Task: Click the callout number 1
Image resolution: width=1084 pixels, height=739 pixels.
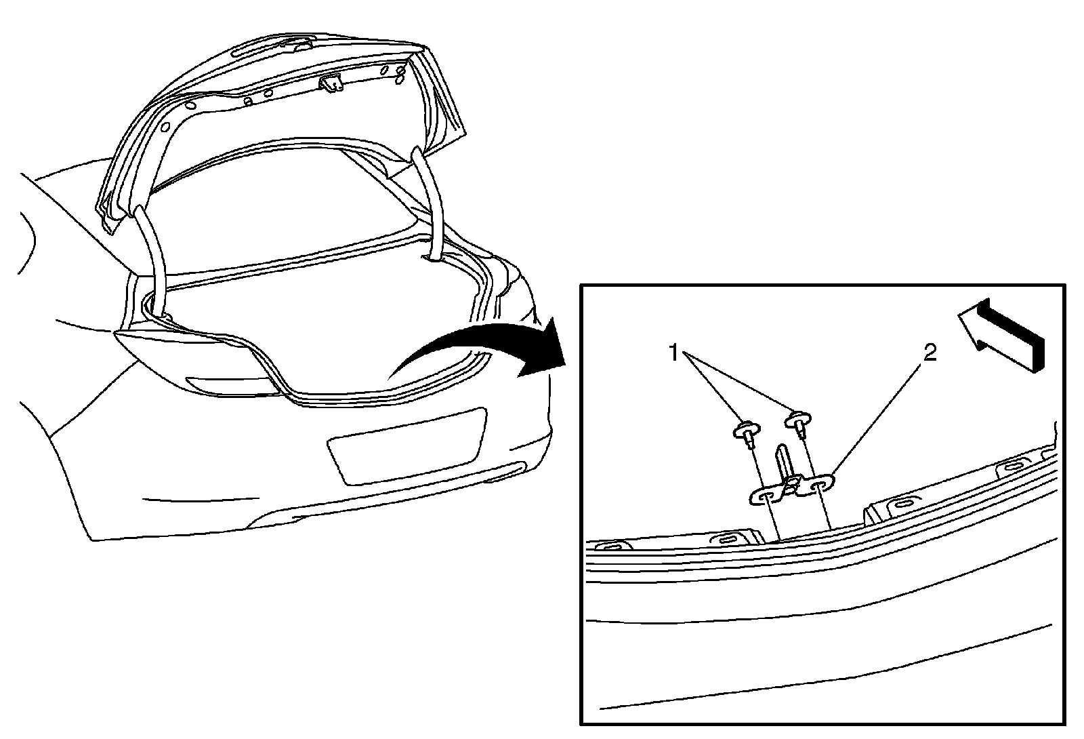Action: [x=674, y=353]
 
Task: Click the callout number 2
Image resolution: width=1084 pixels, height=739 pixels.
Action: [x=930, y=352]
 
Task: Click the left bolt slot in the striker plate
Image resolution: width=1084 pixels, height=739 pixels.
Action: [x=764, y=498]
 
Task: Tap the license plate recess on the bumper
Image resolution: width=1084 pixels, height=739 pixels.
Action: [x=406, y=445]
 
